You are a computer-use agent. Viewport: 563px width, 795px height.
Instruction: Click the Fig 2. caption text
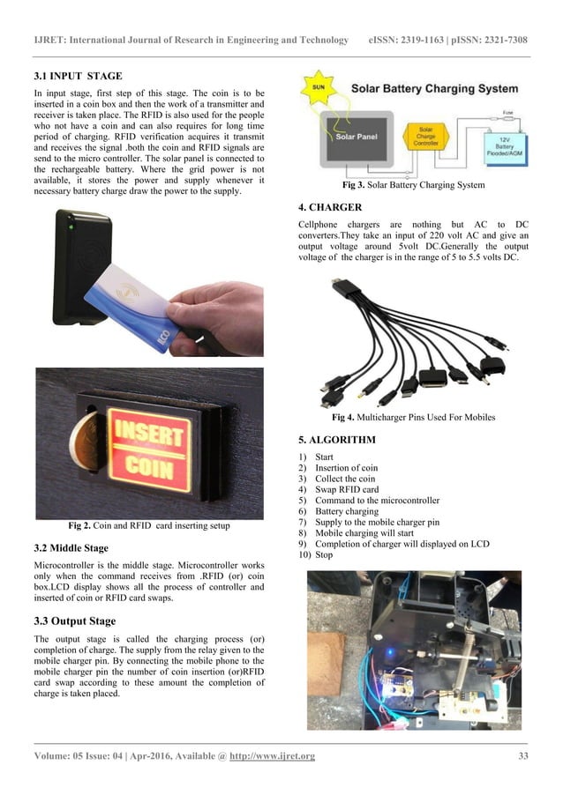tap(148, 526)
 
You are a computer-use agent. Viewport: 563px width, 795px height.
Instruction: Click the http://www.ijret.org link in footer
tap(272, 756)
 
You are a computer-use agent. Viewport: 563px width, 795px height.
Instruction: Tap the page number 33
tap(522, 756)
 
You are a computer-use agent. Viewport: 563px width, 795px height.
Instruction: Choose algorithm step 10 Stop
tap(323, 555)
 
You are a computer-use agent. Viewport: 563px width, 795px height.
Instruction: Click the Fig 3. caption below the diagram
tap(413, 186)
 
